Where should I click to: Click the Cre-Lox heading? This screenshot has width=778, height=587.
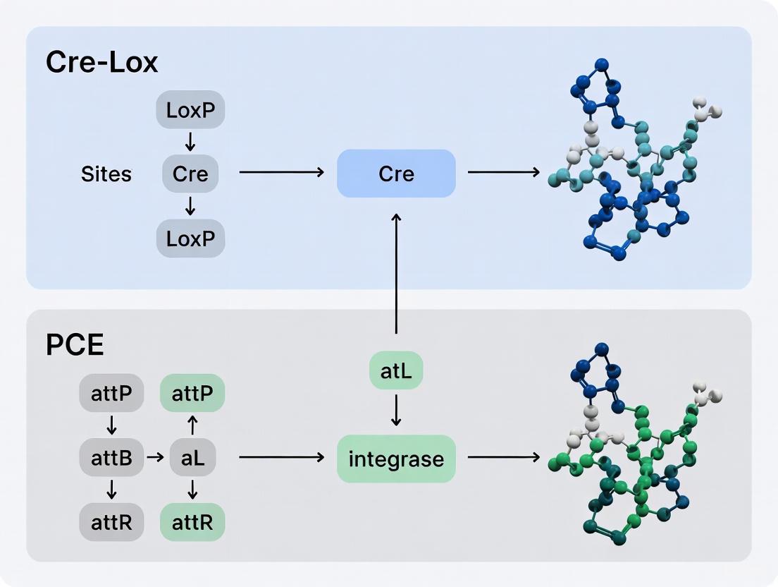pos(101,62)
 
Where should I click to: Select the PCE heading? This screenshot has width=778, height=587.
pos(75,345)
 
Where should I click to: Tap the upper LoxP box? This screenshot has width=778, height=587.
pos(190,109)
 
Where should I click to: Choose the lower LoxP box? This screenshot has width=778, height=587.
pos(190,238)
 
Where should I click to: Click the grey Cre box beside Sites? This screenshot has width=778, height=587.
pos(190,173)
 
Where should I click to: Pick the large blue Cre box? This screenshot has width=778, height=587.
pos(396,173)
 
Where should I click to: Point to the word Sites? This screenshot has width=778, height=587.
pos(106,174)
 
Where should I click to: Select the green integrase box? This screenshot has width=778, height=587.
pos(396,459)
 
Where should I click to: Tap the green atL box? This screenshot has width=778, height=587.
pos(396,370)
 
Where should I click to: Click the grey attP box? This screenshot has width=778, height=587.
pos(111,393)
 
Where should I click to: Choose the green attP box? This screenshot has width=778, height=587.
pos(192,393)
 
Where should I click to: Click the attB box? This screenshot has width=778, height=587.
pos(111,458)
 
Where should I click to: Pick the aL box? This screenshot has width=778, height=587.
pos(192,458)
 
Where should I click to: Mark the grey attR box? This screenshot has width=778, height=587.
pos(111,522)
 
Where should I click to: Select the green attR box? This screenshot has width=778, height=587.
pos(192,522)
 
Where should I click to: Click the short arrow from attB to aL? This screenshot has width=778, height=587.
pos(154,458)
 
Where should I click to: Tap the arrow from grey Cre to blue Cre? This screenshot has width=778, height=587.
pos(282,172)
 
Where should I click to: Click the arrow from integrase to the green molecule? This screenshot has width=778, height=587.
pos(504,458)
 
